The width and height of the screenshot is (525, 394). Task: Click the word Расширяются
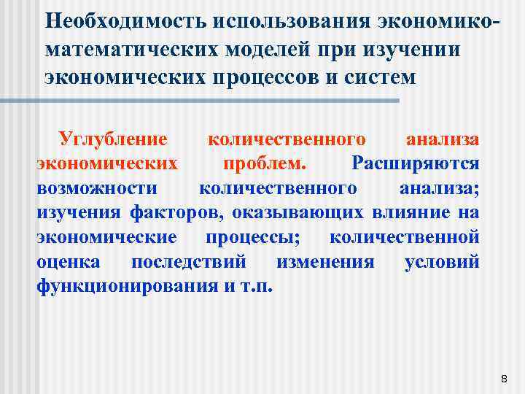click(415, 163)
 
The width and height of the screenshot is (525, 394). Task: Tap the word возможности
click(96, 188)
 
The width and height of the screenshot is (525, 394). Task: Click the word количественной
click(405, 237)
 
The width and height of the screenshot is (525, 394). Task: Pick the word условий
click(442, 262)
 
